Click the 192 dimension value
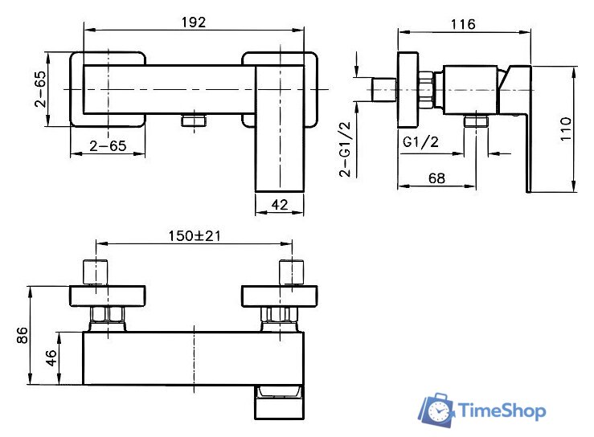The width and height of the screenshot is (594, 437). (x=193, y=22)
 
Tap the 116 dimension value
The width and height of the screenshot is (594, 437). (x=463, y=25)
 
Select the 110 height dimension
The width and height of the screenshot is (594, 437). (x=566, y=129)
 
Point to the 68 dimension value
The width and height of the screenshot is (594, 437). (x=436, y=178)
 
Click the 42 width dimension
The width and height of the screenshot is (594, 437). (x=280, y=205)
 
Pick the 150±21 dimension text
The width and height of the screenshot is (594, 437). (x=195, y=236)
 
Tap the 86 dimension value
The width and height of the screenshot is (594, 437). (x=23, y=336)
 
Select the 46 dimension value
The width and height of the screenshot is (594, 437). (x=51, y=357)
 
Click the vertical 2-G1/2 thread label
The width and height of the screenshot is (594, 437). (x=346, y=149)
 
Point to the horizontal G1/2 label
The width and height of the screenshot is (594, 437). (x=420, y=142)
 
